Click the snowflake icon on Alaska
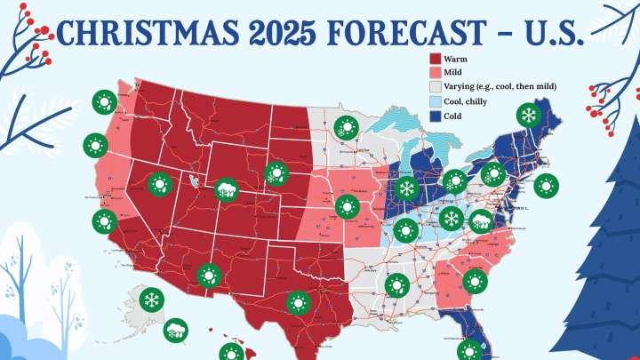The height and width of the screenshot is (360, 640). click(152, 300)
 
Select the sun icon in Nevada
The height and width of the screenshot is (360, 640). click(160, 184)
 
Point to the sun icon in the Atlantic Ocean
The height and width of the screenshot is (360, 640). click(548, 186)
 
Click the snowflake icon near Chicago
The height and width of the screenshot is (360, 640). click(406, 188)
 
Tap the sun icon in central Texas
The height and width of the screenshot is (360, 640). click(298, 304)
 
